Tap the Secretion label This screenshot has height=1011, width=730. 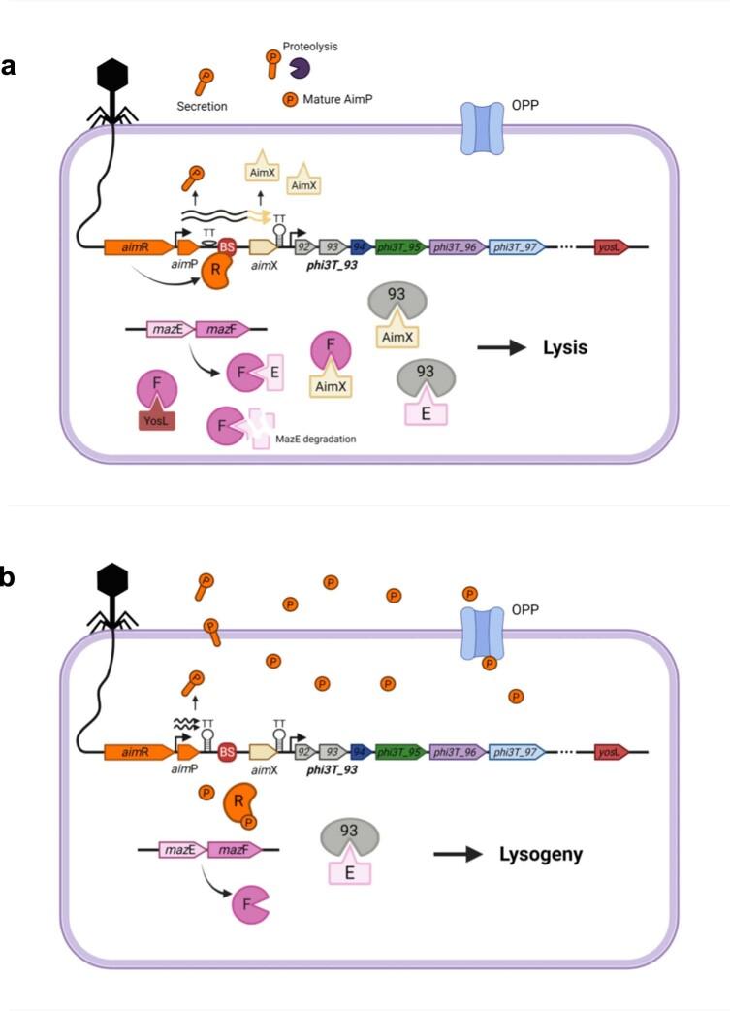point(202,106)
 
